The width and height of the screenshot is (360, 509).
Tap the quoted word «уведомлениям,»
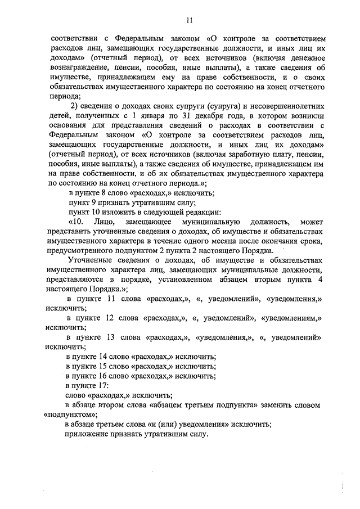point(294,318)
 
